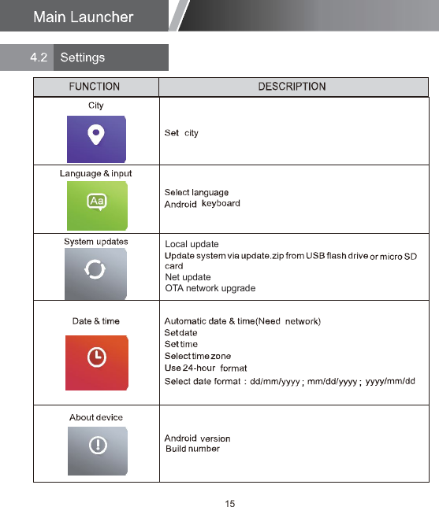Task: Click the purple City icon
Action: pos(96,139)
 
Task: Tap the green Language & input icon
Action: pos(96,204)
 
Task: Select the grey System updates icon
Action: pos(96,271)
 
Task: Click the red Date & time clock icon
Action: pos(96,357)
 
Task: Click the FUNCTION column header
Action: pos(95,87)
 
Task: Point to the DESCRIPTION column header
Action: pos(292,87)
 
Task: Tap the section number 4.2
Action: pos(39,57)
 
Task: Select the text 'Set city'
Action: pos(181,133)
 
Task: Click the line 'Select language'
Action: pos(196,193)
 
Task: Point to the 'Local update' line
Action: pos(192,244)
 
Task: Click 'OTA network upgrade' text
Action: pos(210,289)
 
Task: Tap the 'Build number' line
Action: pos(192,449)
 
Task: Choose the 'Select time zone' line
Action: pos(197,357)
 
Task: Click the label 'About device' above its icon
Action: pos(96,417)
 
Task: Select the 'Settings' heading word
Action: pos(82,57)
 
